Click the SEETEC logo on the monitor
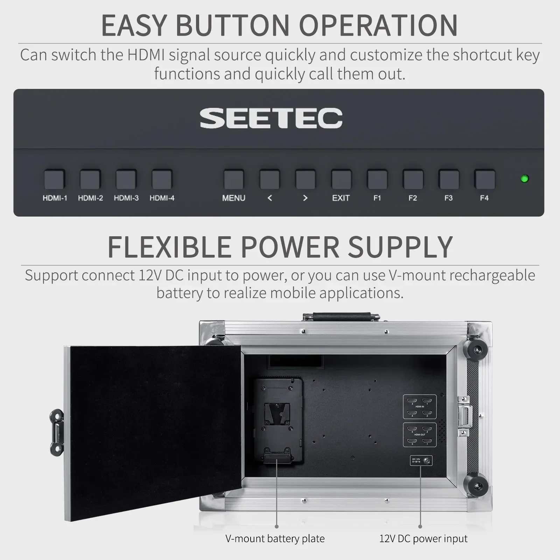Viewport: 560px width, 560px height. coord(271,118)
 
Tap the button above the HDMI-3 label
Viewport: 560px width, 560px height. coord(126,179)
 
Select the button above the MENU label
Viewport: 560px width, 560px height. coord(233,179)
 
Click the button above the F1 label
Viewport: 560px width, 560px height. coord(377,179)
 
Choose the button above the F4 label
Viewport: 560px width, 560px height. coord(484,179)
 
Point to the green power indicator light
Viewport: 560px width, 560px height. coord(524,178)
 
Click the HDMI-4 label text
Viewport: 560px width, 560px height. coord(162,198)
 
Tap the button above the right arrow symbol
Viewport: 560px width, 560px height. coord(305,179)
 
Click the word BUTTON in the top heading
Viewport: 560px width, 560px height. coord(233,25)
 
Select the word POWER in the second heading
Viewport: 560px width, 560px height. coord(290,247)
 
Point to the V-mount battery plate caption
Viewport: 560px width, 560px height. coord(275,538)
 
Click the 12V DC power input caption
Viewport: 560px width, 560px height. coord(423,538)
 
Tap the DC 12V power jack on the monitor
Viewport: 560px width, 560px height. coord(426,461)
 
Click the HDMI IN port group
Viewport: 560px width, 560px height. coord(420,407)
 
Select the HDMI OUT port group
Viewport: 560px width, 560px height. coord(420,435)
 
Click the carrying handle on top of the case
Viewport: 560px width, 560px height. coord(341,316)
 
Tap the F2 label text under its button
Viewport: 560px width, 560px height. coord(413,198)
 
